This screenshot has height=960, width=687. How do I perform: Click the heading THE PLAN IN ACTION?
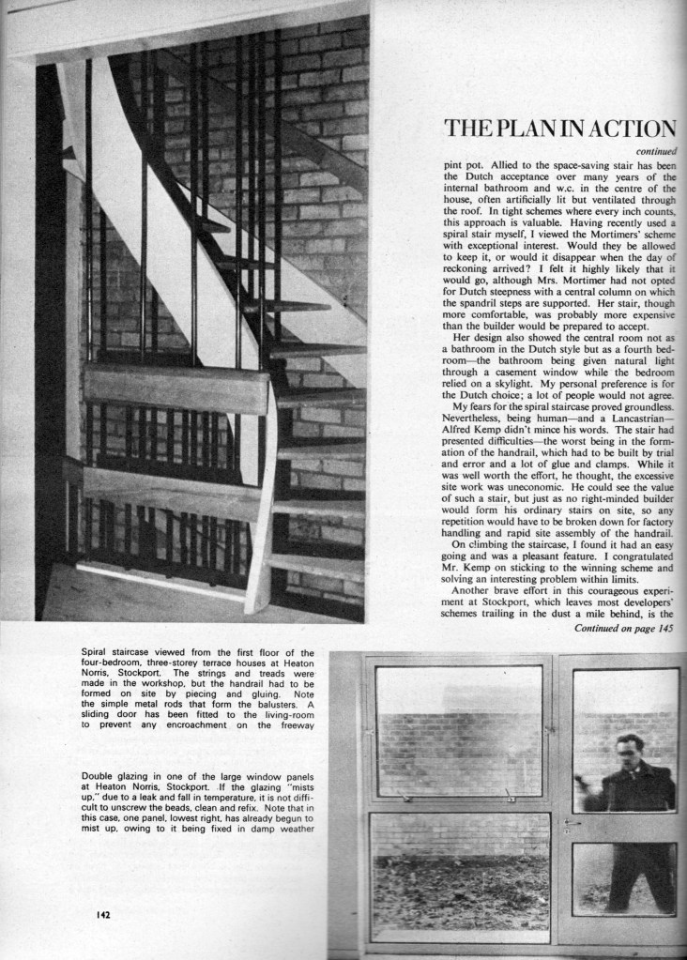pyautogui.click(x=559, y=129)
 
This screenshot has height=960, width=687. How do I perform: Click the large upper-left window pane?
pyautogui.click(x=458, y=731)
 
